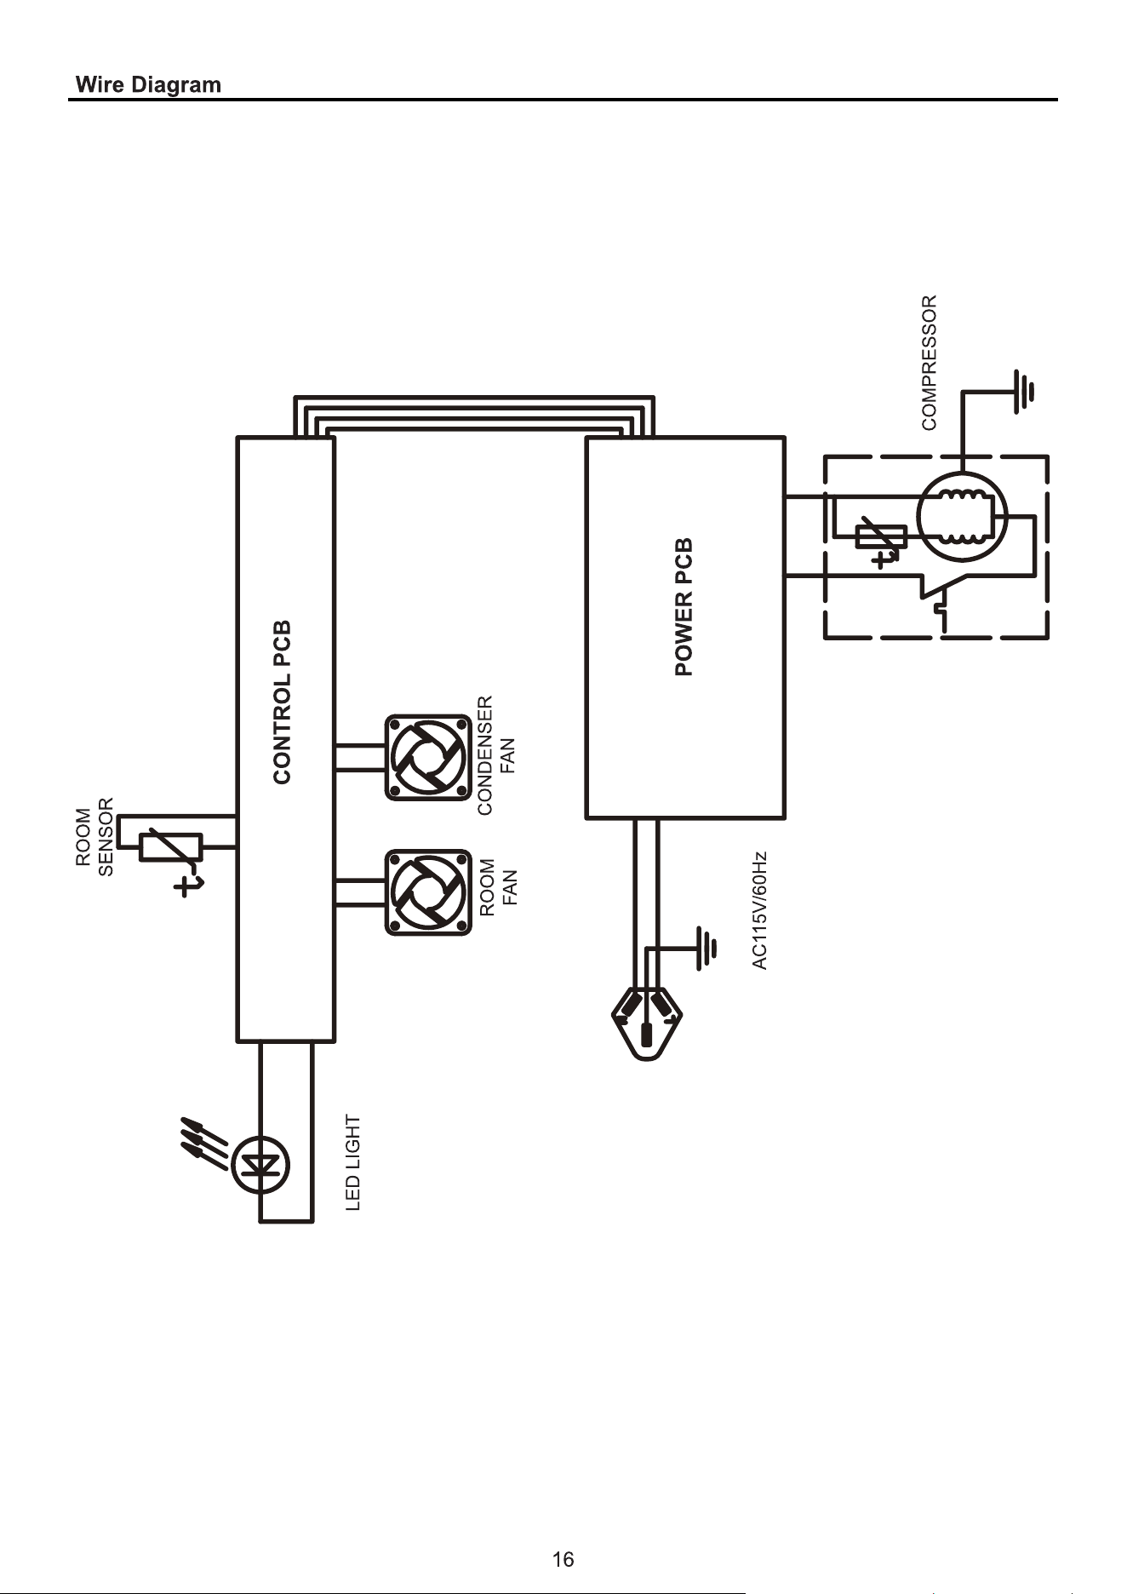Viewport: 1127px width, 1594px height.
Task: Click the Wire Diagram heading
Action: (x=148, y=85)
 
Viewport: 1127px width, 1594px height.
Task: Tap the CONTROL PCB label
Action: (x=283, y=702)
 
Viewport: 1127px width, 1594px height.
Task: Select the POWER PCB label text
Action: (x=684, y=607)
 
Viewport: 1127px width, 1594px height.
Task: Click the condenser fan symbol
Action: (x=428, y=757)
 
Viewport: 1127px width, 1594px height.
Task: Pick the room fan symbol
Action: (x=428, y=892)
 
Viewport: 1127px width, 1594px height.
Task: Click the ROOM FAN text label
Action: (x=498, y=886)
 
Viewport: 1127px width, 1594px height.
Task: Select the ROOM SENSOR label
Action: (x=94, y=836)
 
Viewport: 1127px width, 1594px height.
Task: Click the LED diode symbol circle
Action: (x=260, y=1166)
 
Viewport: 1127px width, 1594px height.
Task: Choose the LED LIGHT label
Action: (x=353, y=1162)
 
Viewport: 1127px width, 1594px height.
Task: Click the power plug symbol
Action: (x=647, y=1022)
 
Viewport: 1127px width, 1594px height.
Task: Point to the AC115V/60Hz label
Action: (x=760, y=910)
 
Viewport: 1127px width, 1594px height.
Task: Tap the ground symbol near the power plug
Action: (x=704, y=949)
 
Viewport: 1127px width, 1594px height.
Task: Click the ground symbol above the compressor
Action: (x=1024, y=392)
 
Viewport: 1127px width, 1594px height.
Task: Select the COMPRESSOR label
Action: (x=929, y=362)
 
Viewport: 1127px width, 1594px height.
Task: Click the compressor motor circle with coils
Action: (x=962, y=517)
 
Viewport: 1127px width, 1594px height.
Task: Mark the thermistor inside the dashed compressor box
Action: (x=880, y=539)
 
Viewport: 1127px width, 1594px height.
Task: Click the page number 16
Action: (x=563, y=1559)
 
